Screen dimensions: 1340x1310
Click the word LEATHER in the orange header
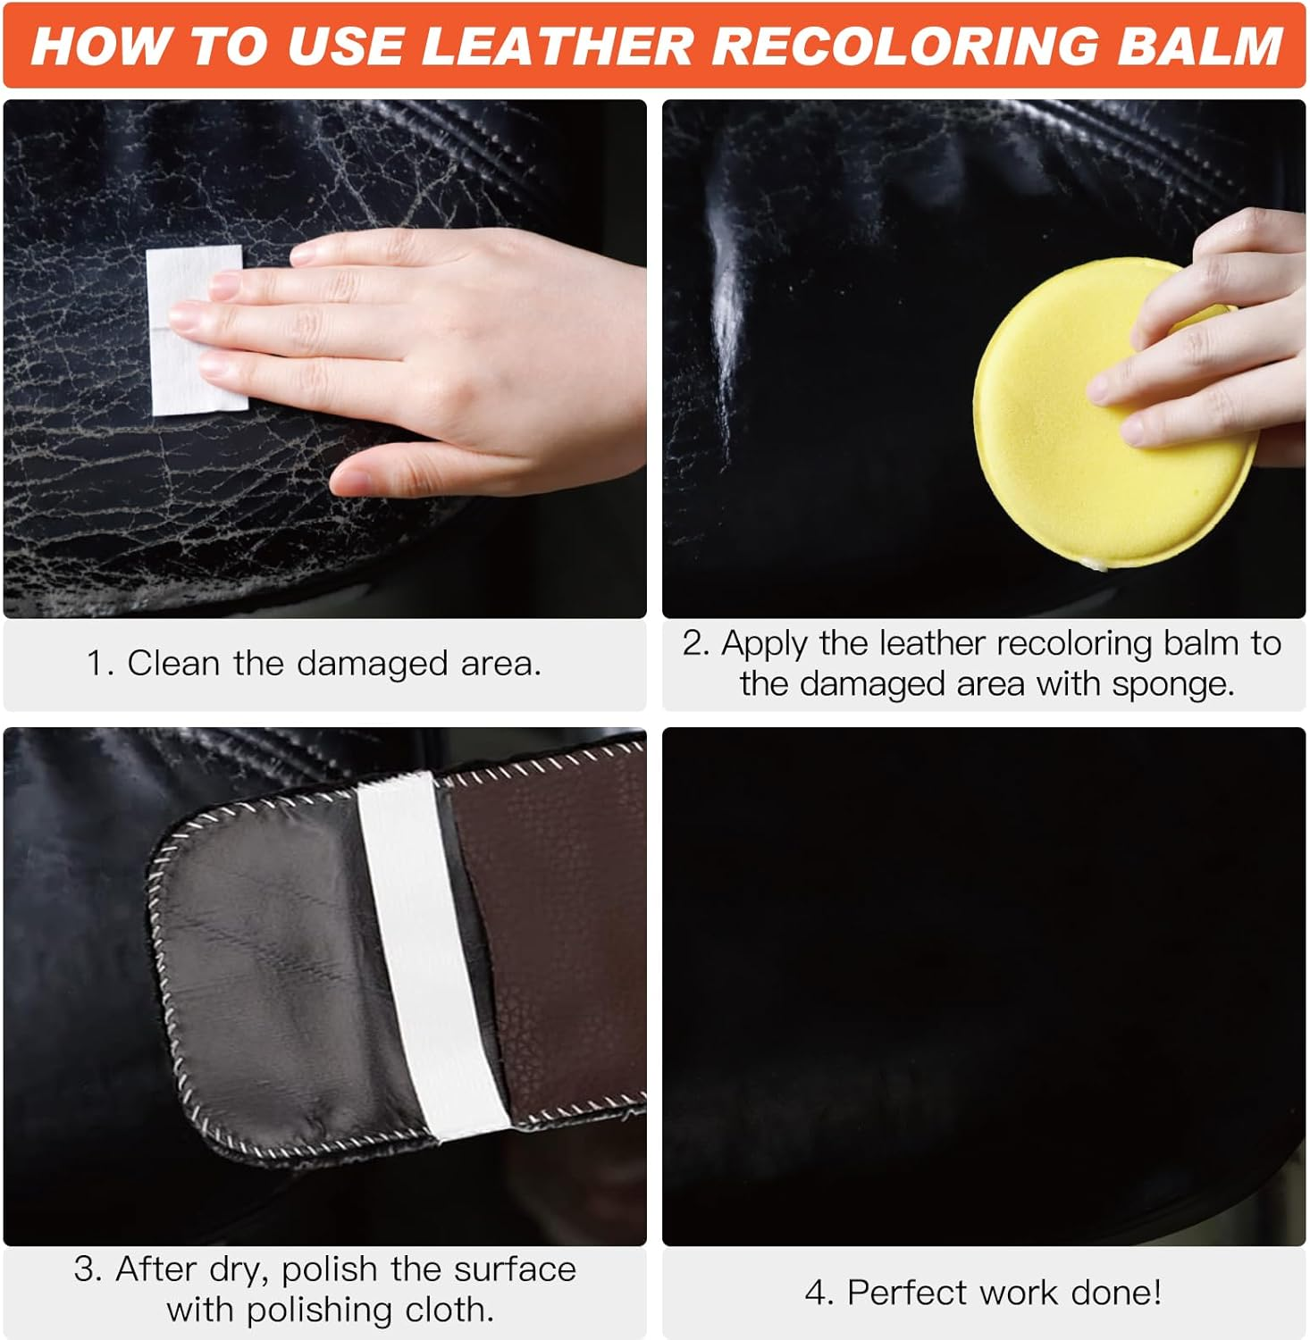556,46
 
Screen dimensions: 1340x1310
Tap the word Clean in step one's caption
174,664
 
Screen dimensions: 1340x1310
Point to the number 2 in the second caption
694,643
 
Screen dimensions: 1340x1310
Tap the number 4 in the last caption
816,1293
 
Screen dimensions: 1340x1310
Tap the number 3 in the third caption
87,1269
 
